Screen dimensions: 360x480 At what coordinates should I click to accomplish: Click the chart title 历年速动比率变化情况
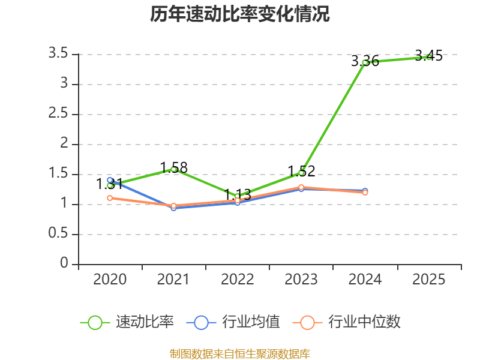(x=240, y=14)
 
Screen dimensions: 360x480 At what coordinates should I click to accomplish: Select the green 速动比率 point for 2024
(x=365, y=62)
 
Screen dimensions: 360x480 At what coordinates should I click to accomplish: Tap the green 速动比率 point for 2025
(x=428, y=57)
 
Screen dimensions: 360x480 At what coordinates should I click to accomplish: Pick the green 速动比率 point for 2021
(x=174, y=169)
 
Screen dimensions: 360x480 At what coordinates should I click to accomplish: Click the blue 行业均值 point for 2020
(x=110, y=180)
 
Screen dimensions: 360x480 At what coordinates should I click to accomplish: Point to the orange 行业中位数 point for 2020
(x=110, y=198)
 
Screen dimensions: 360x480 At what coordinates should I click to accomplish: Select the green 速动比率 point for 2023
(x=301, y=173)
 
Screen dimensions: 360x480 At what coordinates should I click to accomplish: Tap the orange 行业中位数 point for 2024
(x=365, y=193)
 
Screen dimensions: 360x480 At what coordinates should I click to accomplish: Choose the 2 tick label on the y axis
(x=64, y=144)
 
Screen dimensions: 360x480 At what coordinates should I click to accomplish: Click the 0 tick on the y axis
(x=64, y=264)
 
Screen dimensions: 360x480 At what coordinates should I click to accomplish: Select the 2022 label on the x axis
(x=238, y=279)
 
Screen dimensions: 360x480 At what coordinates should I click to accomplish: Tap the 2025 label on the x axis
(x=429, y=279)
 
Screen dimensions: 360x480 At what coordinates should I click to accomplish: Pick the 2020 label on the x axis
(x=110, y=279)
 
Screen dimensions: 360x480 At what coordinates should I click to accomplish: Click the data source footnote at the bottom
(x=240, y=353)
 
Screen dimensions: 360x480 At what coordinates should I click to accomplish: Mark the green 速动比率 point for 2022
(x=238, y=196)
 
